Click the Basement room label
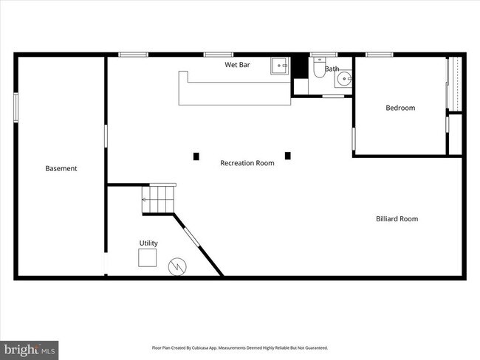pyautogui.click(x=61, y=168)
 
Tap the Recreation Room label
pyautogui.click(x=247, y=162)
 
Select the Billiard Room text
pyautogui.click(x=397, y=218)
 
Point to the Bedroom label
pyautogui.click(x=400, y=108)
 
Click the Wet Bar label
pyautogui.click(x=237, y=65)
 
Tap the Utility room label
pyautogui.click(x=148, y=243)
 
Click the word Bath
pyautogui.click(x=332, y=69)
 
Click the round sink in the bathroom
pyautogui.click(x=343, y=80)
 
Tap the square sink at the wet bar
pyautogui.click(x=280, y=66)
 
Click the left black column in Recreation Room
pyautogui.click(x=196, y=156)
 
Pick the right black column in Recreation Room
pyautogui.click(x=288, y=155)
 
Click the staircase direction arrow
pyautogui.click(x=146, y=200)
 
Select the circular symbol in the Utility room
pyautogui.click(x=177, y=266)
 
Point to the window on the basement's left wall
pyautogui.click(x=16, y=108)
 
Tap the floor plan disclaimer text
pyautogui.click(x=239, y=347)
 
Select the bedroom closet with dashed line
pyautogui.click(x=455, y=83)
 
